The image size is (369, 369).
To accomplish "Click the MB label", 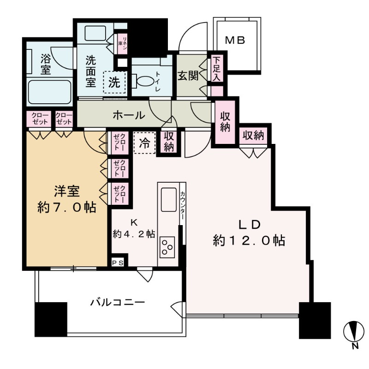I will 235,40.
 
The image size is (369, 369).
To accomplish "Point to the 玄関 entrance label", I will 188,75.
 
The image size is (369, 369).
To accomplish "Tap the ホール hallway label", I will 129,115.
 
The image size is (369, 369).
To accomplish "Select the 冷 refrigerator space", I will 144,143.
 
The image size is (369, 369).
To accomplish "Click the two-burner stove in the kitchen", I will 167,250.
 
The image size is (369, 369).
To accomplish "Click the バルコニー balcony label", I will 118,303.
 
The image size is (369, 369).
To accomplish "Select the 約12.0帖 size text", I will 249,240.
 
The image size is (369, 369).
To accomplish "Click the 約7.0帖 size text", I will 67,207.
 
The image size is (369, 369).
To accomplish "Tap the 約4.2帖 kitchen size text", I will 134,234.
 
